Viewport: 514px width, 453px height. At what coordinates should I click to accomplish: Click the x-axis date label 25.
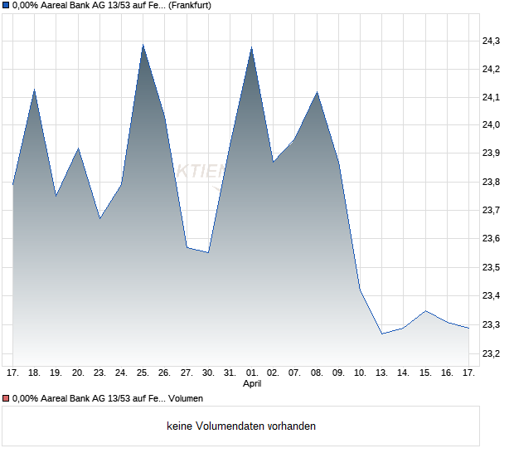point(143,373)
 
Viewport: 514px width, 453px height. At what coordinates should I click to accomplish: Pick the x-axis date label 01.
point(251,373)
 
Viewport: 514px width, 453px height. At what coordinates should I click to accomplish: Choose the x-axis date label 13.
point(382,373)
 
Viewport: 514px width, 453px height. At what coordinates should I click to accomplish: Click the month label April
point(252,384)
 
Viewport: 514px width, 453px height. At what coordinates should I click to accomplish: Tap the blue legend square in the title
point(5,5)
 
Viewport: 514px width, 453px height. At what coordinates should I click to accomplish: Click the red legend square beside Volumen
point(5,399)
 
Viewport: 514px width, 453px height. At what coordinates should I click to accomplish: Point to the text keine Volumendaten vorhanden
point(240,426)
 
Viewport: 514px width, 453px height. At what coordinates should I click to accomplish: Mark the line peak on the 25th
point(143,45)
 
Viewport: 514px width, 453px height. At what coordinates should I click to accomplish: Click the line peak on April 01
point(251,47)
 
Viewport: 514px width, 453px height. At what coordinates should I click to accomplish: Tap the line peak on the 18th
point(34,89)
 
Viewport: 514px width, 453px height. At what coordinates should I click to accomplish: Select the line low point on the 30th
point(208,251)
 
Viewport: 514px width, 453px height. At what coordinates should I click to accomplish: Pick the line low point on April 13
point(382,334)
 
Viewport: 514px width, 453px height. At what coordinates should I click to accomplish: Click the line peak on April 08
point(317,92)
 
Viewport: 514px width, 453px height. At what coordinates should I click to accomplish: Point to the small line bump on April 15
point(425,311)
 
